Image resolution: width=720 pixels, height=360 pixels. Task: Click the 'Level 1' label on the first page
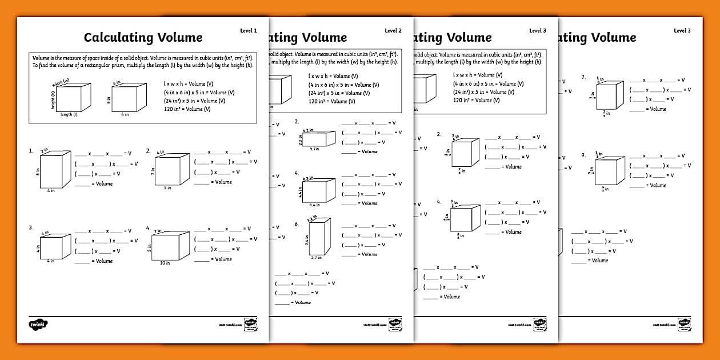click(x=249, y=30)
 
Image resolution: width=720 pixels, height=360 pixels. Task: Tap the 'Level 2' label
click(x=393, y=30)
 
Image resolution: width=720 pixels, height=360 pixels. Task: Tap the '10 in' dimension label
click(x=165, y=263)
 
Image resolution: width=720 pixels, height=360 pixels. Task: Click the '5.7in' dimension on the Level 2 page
click(x=314, y=149)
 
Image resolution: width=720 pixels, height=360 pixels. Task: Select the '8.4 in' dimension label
click(x=315, y=204)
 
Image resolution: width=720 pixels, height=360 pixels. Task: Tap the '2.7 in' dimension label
click(x=316, y=258)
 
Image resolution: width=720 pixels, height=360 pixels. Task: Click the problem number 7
click(x=583, y=77)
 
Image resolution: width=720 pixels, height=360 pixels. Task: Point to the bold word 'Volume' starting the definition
click(x=41, y=58)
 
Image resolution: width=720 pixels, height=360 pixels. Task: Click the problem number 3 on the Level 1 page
click(x=31, y=227)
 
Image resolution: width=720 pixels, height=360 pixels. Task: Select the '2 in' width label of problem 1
click(x=45, y=151)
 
